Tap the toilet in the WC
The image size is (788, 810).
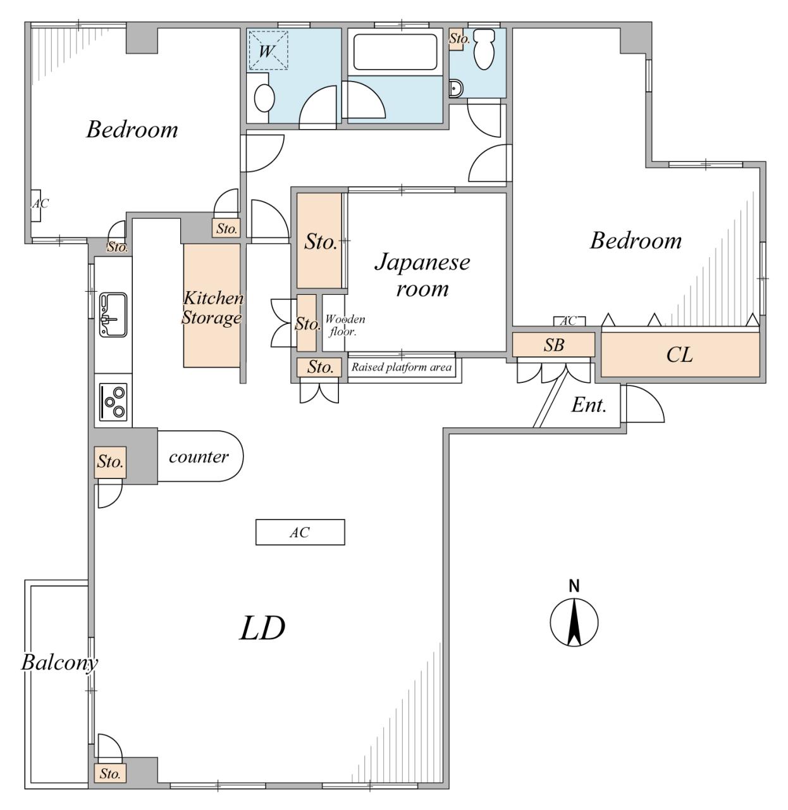coord(483,49)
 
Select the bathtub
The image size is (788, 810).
coord(395,52)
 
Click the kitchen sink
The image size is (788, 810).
coord(113,315)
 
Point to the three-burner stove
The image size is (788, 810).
coord(113,402)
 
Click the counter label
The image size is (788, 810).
coord(199,457)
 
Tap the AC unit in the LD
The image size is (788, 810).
coord(300,532)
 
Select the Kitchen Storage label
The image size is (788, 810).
coord(212,308)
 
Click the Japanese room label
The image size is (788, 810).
coord(422,275)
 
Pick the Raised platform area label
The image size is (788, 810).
coord(402,367)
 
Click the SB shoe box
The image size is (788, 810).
coord(553,345)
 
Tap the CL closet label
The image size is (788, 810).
coord(679,354)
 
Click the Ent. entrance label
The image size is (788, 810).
coord(589,404)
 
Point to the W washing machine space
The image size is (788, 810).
coord(268,50)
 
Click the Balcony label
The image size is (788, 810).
coord(59,663)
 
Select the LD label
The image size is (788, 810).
coord(262,628)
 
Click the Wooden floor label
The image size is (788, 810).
coord(345,325)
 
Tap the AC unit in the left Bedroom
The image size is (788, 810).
coord(36,206)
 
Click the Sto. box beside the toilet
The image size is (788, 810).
coord(457,39)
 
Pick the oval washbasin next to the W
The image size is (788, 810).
coord(264,98)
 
